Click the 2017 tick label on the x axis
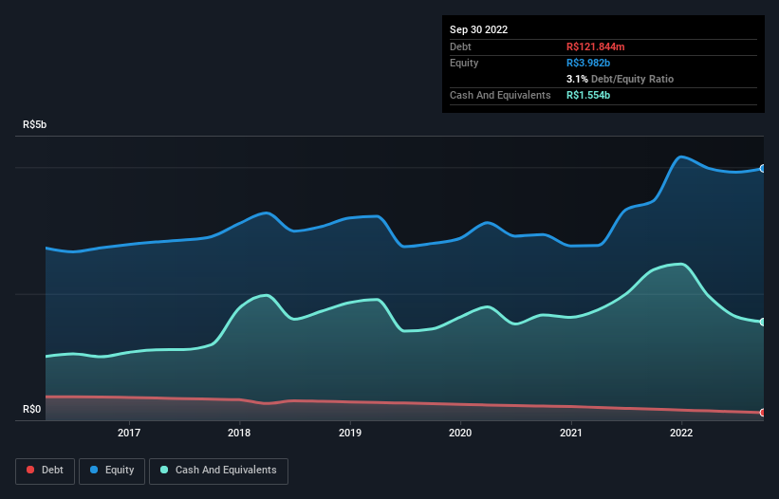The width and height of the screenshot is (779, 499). point(129,434)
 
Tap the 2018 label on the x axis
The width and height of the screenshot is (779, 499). point(240,434)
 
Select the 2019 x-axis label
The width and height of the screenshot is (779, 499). point(350,434)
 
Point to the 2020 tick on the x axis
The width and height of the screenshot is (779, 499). point(460,434)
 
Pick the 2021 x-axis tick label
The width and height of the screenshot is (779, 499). point(570,434)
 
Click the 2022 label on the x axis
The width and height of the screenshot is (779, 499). point(680,434)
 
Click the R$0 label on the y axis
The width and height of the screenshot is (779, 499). point(32,410)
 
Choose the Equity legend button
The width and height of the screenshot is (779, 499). point(112,471)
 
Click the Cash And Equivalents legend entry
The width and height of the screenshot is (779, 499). point(218,471)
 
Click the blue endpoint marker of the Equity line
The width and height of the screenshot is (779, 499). point(763,169)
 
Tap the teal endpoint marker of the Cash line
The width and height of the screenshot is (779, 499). point(763,323)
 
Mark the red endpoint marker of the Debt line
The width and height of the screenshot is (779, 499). point(763,413)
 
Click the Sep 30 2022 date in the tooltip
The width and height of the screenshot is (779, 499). point(479,29)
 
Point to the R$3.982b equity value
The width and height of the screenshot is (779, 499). point(590,63)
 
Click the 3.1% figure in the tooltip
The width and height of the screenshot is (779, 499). point(576,79)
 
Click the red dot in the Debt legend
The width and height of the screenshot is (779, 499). point(31,471)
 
